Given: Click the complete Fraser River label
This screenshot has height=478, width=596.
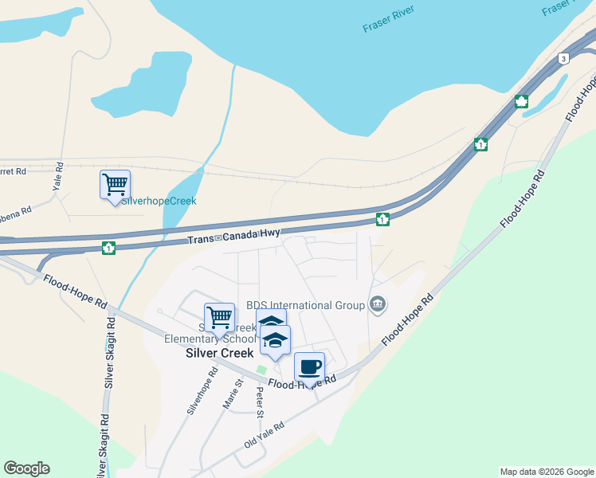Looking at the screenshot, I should pyautogui.click(x=388, y=22).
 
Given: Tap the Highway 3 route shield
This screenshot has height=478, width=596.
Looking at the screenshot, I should pyautogui.click(x=563, y=59).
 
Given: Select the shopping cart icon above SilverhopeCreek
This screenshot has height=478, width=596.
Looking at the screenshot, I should pyautogui.click(x=115, y=185).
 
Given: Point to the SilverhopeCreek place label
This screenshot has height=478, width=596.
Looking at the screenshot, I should pyautogui.click(x=158, y=202).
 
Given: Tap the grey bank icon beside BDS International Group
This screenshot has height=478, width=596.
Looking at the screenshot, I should pyautogui.click(x=378, y=304).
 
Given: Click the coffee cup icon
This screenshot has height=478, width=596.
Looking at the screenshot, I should pyautogui.click(x=309, y=368).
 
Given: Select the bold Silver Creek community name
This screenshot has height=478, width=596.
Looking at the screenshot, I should pyautogui.click(x=219, y=353).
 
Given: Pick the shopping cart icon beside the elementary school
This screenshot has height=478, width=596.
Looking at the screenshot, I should pyautogui.click(x=219, y=317).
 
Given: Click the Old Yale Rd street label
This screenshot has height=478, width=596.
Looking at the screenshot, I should pyautogui.click(x=264, y=434).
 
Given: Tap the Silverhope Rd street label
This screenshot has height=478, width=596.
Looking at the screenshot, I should pyautogui.click(x=202, y=392).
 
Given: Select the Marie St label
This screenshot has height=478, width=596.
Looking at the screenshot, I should pyautogui.click(x=232, y=395).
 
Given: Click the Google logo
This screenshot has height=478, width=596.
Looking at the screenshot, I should pyautogui.click(x=26, y=468).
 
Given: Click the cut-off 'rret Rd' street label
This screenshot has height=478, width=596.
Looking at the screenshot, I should pyautogui.click(x=14, y=170).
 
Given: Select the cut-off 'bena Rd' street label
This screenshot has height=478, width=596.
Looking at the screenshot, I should pyautogui.click(x=15, y=213).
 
